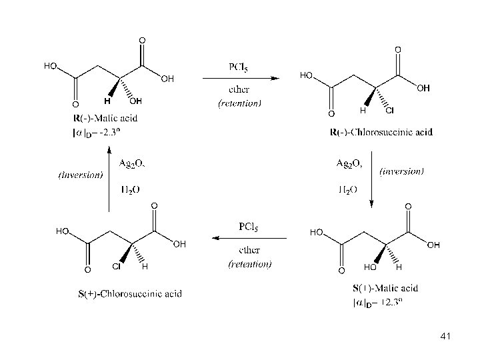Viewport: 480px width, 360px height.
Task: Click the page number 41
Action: pos(446,337)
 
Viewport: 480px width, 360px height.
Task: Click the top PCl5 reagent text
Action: pos(239,67)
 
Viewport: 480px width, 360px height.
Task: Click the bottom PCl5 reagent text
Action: pos(249,227)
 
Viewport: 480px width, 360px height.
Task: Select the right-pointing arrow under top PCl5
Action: pos(240,79)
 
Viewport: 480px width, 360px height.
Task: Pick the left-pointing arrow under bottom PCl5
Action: pos(249,238)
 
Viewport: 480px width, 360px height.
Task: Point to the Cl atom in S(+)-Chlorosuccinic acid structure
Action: pos(115,267)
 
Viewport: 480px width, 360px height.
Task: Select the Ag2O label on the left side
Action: pos(132,163)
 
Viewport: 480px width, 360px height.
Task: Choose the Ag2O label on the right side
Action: pos(348,163)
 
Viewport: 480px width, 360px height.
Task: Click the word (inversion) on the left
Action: pos(81,175)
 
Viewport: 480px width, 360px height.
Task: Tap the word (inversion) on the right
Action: pos(401,171)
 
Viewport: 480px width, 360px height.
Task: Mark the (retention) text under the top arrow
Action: pos(239,103)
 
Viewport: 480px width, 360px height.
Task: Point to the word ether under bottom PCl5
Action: pos(249,251)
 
